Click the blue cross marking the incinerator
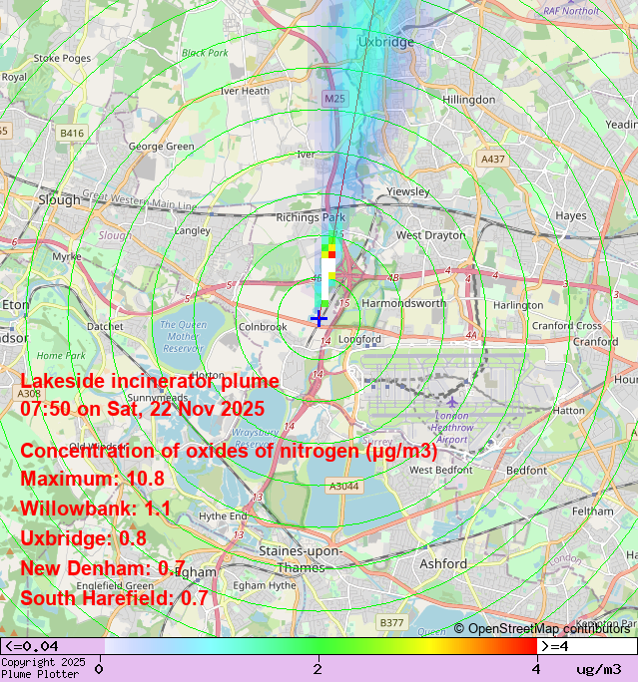[319, 318]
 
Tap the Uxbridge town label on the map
[385, 43]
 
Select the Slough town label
[59, 199]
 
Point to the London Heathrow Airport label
[452, 427]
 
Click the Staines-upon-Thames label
[300, 558]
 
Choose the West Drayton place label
[430, 235]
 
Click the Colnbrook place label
[262, 326]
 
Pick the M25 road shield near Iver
[334, 99]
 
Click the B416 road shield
[72, 132]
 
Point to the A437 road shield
[492, 159]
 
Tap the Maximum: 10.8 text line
[92, 479]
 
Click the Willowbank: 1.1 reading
[96, 509]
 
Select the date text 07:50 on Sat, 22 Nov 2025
[142, 408]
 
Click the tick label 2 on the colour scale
[318, 668]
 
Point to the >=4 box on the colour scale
[554, 646]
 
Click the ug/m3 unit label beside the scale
[598, 668]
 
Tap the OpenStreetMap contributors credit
[542, 628]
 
